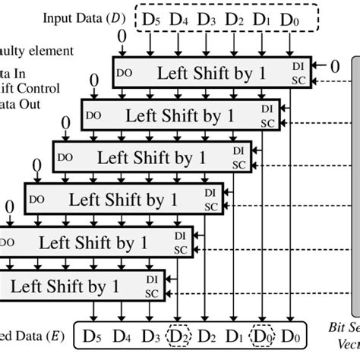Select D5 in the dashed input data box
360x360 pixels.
tap(153, 17)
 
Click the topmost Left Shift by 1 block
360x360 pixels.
tap(213, 73)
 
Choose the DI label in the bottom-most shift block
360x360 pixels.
tap(150, 280)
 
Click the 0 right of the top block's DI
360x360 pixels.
tap(334, 67)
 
